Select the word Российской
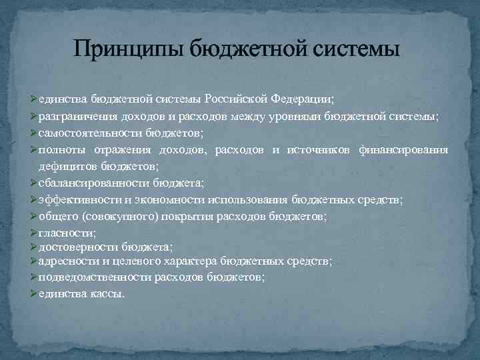coord(236,99)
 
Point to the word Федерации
coord(303,99)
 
